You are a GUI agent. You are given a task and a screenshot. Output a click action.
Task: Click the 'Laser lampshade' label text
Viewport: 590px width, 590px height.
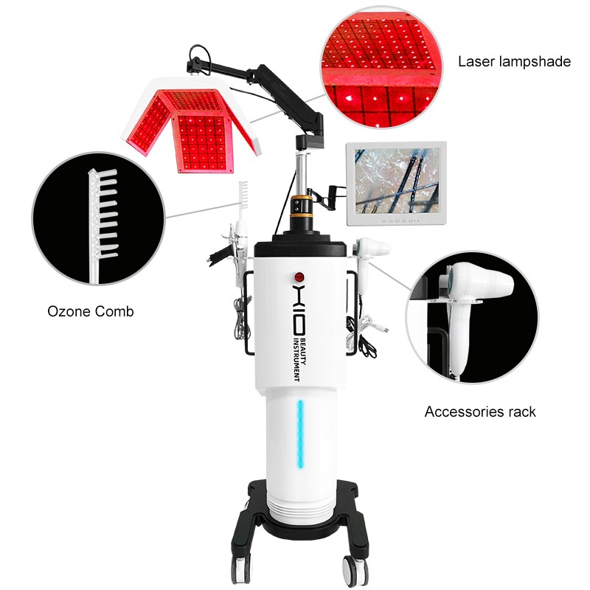(514, 61)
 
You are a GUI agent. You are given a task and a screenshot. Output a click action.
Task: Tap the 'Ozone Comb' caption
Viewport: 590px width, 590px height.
(91, 312)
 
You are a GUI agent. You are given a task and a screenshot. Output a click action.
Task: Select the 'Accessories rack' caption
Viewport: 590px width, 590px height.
(480, 412)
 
